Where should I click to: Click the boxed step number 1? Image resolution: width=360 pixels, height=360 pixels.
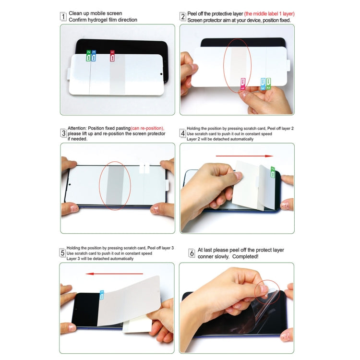click(63, 16)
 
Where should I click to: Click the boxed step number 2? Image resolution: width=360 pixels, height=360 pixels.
click(183, 16)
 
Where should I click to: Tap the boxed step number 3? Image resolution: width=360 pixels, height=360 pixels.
click(63, 133)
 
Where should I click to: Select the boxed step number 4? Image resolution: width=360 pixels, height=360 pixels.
click(183, 133)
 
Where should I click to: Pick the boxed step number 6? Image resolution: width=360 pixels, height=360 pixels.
click(192, 252)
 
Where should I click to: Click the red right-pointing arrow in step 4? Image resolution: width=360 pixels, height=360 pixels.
click(244, 156)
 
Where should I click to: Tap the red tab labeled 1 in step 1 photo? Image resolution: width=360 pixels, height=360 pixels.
click(112, 56)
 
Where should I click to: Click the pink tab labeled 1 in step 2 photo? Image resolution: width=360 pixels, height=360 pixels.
click(243, 84)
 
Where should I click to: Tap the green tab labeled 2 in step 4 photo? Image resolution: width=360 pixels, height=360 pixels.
click(273, 172)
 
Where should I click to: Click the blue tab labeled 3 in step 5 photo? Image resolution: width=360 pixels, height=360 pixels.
click(102, 294)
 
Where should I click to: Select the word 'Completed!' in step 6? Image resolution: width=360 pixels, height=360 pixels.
click(246, 256)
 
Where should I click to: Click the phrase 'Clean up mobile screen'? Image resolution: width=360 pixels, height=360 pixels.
click(96, 13)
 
